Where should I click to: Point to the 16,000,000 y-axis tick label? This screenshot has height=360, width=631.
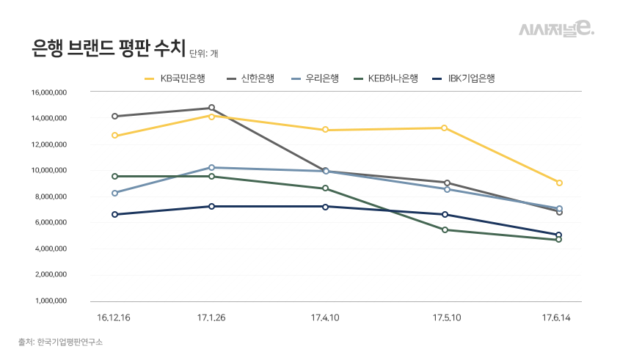49,92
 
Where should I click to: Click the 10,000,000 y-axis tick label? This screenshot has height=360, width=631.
49,171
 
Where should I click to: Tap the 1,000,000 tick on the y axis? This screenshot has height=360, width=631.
51,301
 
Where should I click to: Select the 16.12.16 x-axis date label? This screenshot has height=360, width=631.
114,318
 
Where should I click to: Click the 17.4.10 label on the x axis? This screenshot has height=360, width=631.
325,318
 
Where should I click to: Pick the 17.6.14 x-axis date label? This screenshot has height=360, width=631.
559,318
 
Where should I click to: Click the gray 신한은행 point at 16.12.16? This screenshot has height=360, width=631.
114,116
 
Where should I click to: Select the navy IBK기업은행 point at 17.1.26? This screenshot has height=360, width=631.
211,206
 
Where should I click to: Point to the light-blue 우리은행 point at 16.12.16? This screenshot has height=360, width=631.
114,193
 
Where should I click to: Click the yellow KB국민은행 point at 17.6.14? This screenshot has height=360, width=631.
559,183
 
